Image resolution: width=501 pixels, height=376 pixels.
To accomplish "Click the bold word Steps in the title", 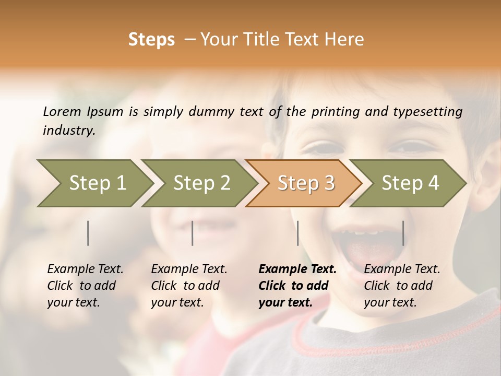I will click(x=151, y=40).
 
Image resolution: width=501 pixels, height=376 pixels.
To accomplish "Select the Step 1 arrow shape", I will click(x=94, y=183).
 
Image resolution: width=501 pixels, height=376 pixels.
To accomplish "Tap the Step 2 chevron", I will click(x=201, y=183).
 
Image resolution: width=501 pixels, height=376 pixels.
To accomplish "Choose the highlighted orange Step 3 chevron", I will click(x=305, y=183).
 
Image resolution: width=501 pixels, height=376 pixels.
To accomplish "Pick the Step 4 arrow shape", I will click(x=410, y=183).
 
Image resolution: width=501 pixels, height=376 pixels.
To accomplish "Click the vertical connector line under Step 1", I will click(x=88, y=233).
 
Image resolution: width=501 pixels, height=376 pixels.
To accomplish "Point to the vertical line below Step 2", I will click(x=193, y=233).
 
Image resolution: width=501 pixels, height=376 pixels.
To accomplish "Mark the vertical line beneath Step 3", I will click(x=298, y=233).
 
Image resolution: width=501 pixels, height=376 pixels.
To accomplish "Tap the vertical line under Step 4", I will click(x=403, y=233).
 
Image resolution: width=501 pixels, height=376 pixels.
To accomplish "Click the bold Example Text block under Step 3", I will click(x=297, y=286).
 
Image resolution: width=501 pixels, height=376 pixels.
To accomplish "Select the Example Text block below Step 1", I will click(x=85, y=286).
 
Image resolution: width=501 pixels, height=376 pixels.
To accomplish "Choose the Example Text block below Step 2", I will click(x=189, y=286).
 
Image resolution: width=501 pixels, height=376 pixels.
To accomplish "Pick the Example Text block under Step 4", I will click(x=402, y=286).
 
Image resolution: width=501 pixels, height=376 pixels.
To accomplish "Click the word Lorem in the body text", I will click(x=62, y=111).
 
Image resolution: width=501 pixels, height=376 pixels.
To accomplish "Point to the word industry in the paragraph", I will click(x=69, y=131).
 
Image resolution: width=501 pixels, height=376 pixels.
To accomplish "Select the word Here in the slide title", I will click(x=345, y=40).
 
